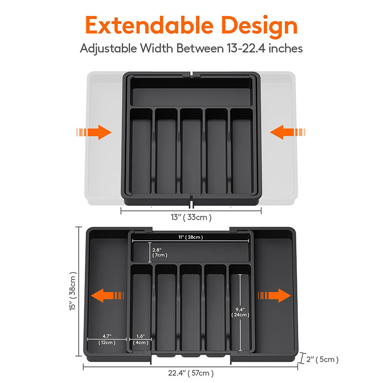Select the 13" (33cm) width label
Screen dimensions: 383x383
point(191,217)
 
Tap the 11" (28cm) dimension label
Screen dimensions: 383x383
point(191,237)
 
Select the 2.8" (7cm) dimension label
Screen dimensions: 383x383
point(159,253)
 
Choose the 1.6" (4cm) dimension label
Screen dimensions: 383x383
point(140,339)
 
